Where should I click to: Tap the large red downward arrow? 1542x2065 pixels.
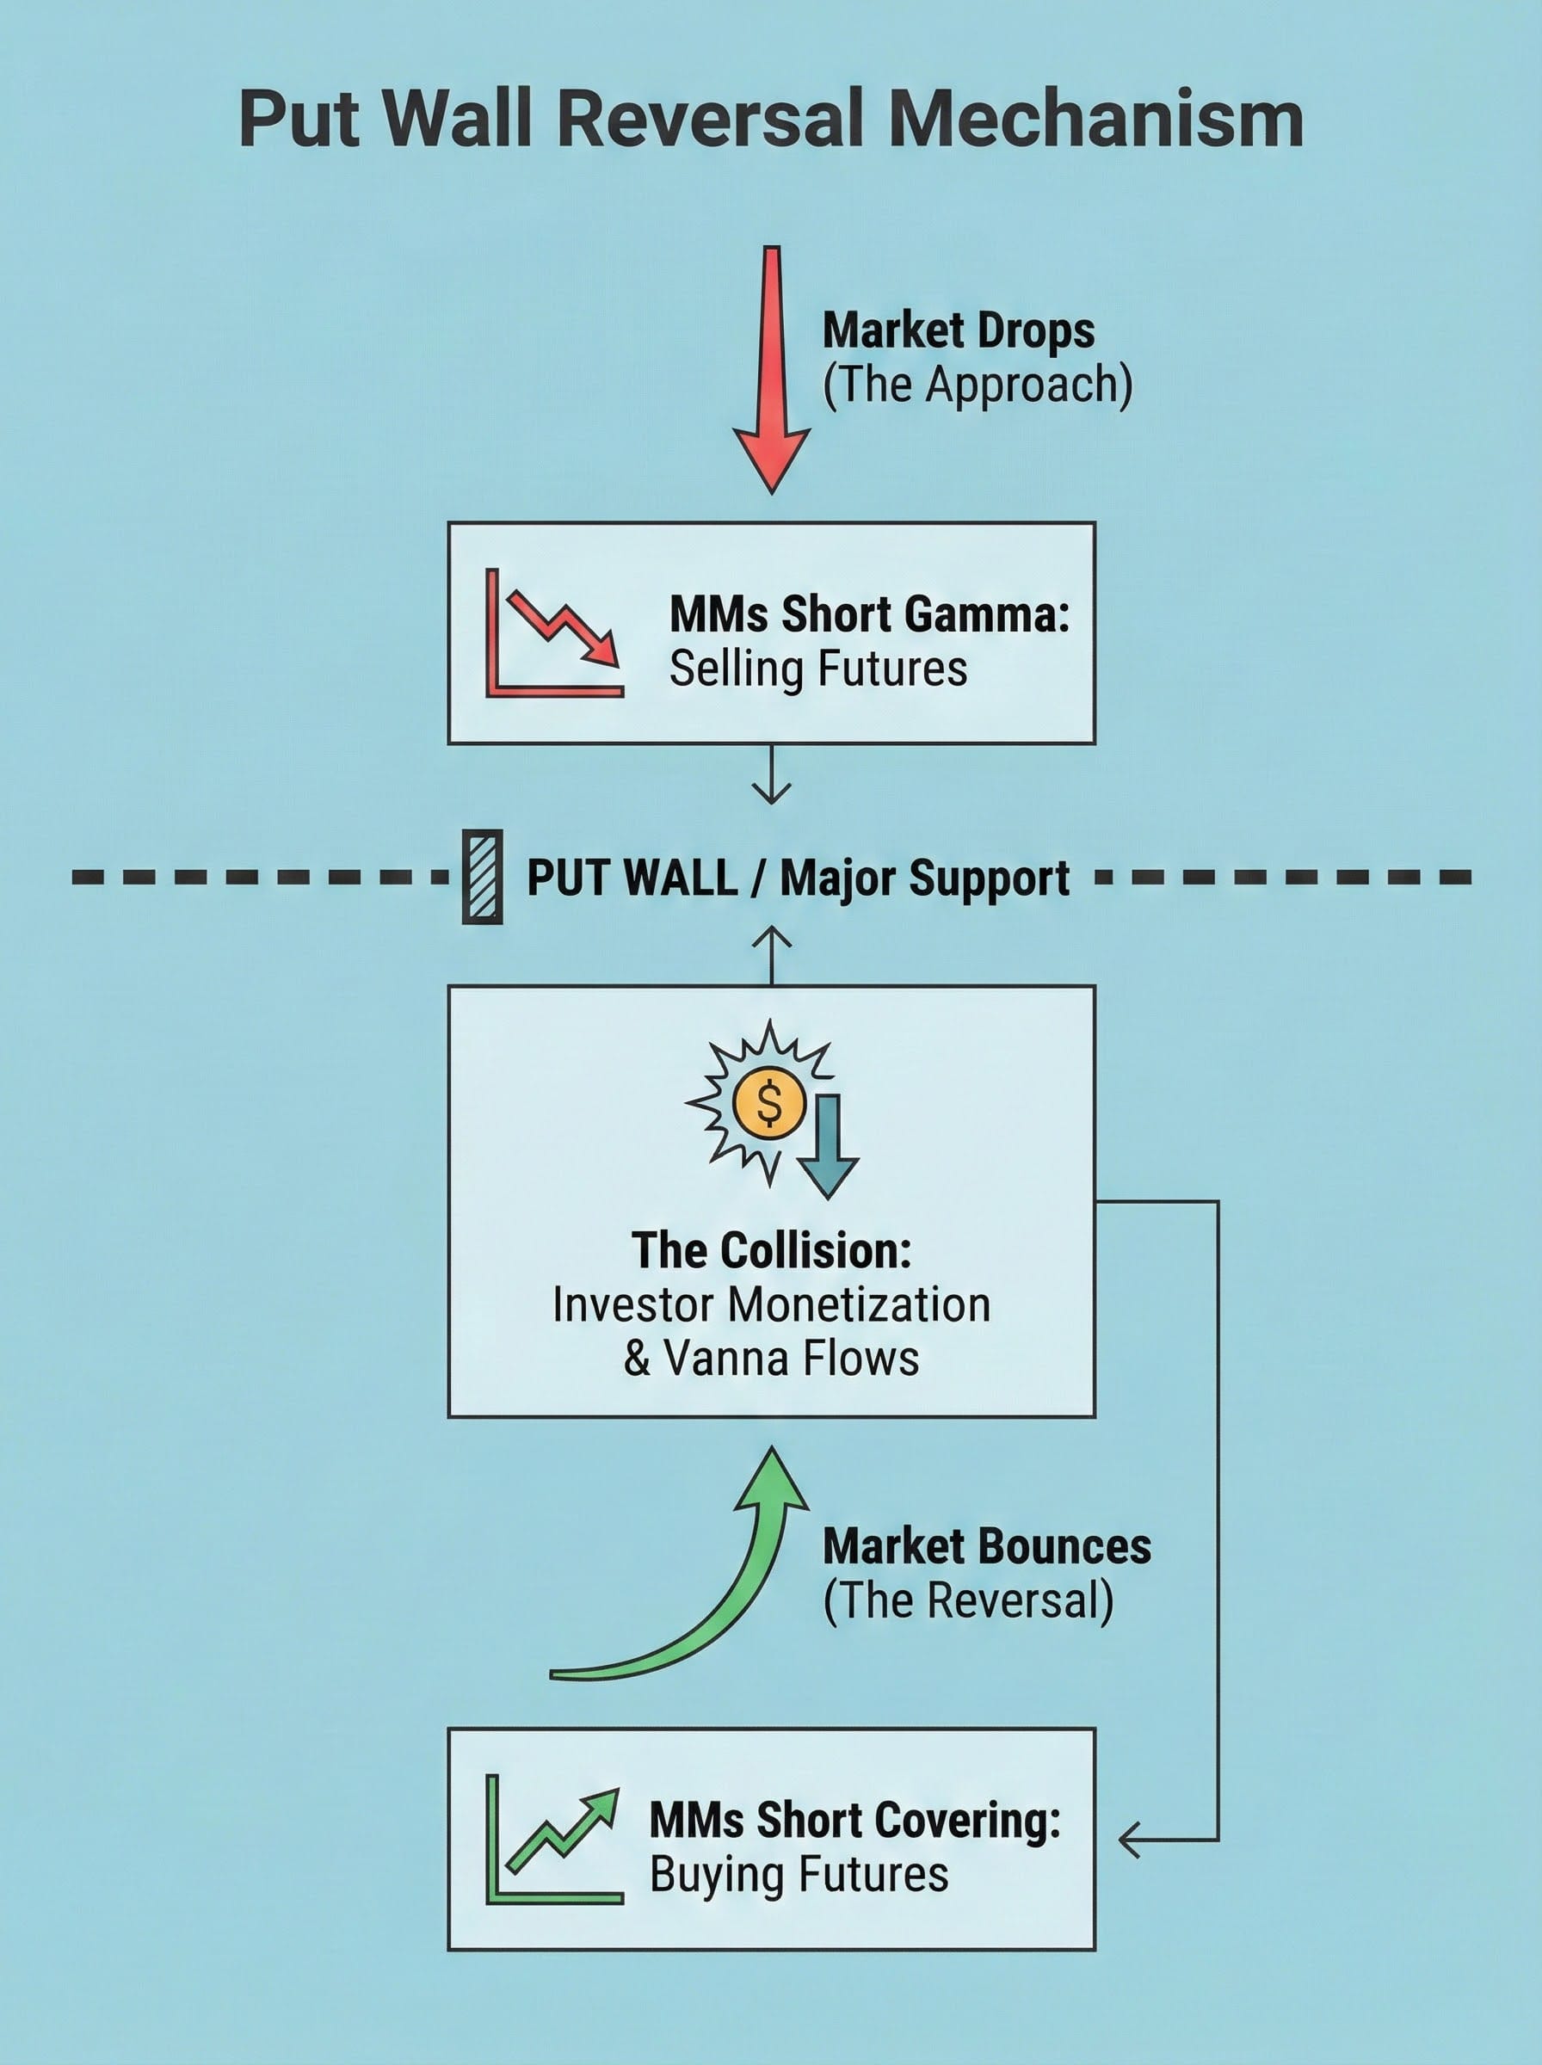tap(771, 373)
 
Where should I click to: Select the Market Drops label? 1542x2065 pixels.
tap(958, 330)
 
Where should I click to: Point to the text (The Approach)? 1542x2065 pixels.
tap(978, 385)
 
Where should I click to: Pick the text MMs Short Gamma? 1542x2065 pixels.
tap(869, 614)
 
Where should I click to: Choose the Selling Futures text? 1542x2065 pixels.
tap(817, 669)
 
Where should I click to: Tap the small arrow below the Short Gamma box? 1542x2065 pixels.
tap(771, 776)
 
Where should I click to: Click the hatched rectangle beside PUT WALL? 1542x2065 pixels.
tap(483, 876)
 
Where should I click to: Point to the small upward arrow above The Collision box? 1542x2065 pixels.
tap(771, 953)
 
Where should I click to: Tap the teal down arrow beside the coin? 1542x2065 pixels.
tap(827, 1146)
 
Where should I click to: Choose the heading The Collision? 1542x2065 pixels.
tap(771, 1250)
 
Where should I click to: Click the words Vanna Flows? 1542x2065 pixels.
tap(792, 1359)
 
